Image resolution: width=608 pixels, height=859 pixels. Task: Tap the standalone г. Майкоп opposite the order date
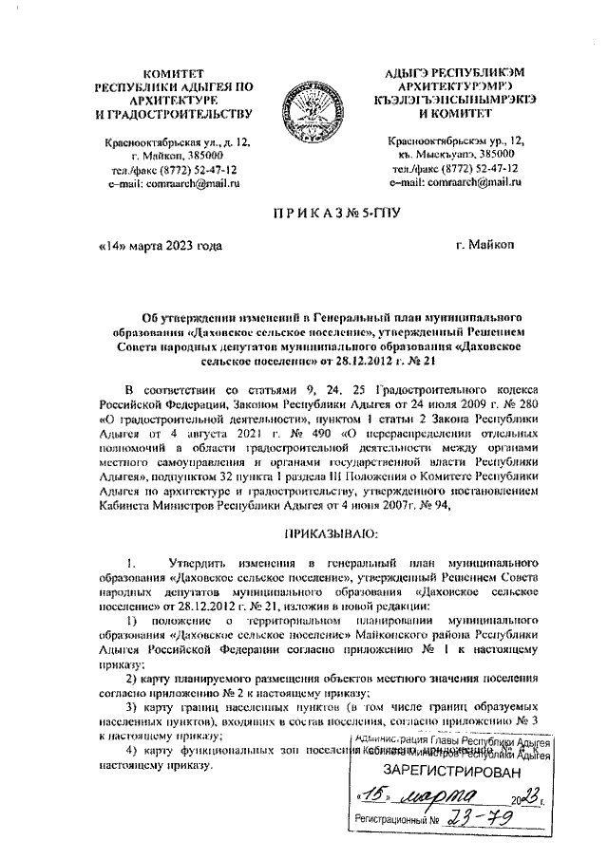pyautogui.click(x=485, y=246)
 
